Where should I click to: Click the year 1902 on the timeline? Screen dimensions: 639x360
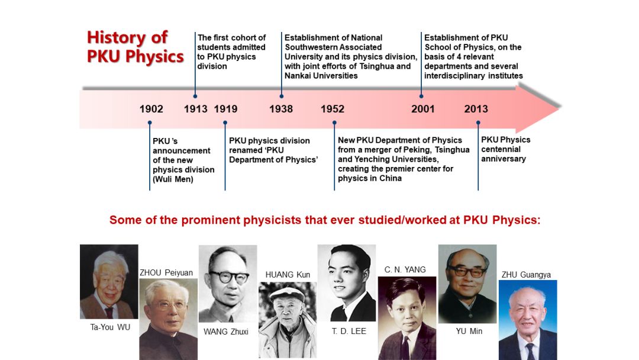(x=151, y=109)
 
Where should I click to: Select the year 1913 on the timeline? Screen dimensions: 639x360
(x=196, y=109)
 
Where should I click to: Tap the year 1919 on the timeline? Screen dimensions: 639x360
(x=226, y=109)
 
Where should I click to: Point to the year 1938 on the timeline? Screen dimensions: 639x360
(x=281, y=109)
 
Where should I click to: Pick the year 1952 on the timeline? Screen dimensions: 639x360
(x=333, y=109)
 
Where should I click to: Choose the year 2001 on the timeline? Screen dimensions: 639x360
(x=423, y=109)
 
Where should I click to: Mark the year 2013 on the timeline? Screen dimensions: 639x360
(x=476, y=109)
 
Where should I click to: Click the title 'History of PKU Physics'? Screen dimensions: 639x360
(x=135, y=47)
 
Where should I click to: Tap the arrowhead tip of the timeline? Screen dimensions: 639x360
(x=560, y=107)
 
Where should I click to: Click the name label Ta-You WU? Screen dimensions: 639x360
(x=110, y=327)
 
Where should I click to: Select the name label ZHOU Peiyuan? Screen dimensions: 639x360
(x=166, y=273)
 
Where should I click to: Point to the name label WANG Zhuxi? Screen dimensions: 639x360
(x=226, y=332)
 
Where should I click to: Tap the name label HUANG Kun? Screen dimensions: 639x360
(x=288, y=275)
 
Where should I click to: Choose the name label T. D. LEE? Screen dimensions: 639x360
(x=349, y=331)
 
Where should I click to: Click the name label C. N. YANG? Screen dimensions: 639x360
(x=405, y=269)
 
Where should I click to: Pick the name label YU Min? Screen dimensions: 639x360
(x=469, y=331)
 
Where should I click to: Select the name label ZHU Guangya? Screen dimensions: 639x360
(x=526, y=275)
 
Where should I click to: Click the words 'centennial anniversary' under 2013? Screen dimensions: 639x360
(x=504, y=154)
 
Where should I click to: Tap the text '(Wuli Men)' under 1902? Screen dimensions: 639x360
(x=173, y=179)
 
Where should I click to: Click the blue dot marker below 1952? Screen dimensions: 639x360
(x=334, y=123)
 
